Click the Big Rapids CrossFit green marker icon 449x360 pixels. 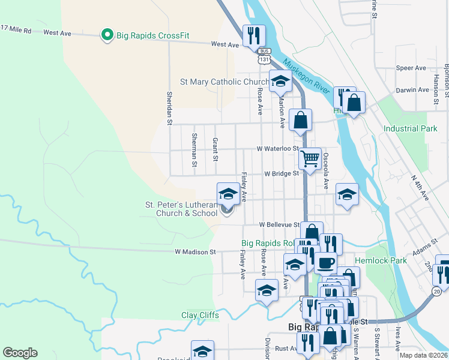[x=107, y=35]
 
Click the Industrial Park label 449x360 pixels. [x=411, y=128]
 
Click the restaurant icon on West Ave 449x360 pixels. [x=253, y=35]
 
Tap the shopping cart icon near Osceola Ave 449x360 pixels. [x=310, y=159]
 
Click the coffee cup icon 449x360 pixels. [x=325, y=262]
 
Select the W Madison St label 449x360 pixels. [x=195, y=253]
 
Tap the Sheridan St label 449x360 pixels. [x=170, y=108]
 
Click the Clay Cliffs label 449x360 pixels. [x=200, y=315]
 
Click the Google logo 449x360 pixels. [x=20, y=353]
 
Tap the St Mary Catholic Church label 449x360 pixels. [x=225, y=82]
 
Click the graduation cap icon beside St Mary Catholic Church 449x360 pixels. [x=280, y=81]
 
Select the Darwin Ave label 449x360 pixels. [x=412, y=90]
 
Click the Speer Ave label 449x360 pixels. [x=411, y=68]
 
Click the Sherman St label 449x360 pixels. [x=194, y=149]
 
